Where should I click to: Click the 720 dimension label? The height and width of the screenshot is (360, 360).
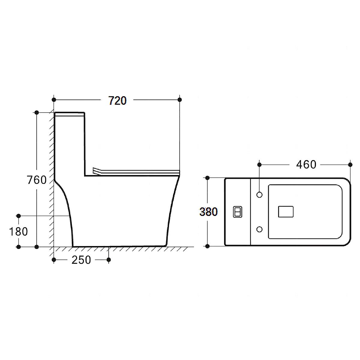[118, 101]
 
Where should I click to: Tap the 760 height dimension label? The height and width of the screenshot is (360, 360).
[37, 180]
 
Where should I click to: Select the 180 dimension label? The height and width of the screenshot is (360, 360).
[18, 232]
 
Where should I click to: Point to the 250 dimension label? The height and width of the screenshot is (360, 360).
[81, 260]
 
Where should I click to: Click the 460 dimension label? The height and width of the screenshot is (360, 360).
[306, 164]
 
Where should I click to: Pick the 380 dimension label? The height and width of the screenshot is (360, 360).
[208, 212]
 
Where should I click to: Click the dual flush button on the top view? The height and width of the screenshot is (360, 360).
[238, 212]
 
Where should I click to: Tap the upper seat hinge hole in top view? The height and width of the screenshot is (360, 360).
[259, 195]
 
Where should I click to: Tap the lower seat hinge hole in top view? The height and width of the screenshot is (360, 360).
[259, 230]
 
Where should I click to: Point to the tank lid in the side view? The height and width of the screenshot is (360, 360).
[70, 114]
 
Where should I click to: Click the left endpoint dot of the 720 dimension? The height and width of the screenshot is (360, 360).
[54, 100]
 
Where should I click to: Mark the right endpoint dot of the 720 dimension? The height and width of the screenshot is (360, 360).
[180, 100]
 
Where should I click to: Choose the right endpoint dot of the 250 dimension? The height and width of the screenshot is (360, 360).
[109, 259]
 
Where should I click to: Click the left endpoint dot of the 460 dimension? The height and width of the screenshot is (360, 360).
[259, 164]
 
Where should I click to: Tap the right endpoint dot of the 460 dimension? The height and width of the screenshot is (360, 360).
[350, 164]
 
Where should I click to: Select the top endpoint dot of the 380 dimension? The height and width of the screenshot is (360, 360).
[207, 178]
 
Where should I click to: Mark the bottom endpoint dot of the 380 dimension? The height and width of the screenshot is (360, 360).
[207, 246]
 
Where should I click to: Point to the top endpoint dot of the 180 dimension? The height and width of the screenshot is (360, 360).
[19, 216]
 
